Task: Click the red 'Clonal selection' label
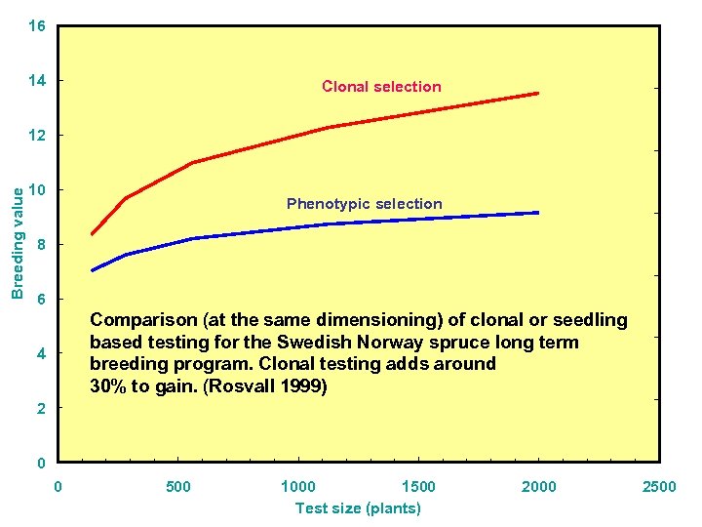tap(381, 87)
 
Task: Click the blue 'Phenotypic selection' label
tap(364, 204)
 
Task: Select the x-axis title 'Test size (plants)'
tap(358, 508)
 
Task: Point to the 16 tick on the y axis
tap(36, 26)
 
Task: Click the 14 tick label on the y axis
tap(36, 80)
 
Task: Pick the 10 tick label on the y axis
tap(36, 189)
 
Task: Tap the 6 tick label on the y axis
tap(40, 299)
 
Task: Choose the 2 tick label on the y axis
tap(40, 408)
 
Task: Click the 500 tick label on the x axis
tap(178, 487)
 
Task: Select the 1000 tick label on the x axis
tap(297, 487)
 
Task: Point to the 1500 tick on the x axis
tap(418, 487)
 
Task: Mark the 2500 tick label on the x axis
tap(659, 487)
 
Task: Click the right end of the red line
tap(537, 94)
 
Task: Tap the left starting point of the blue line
tap(92, 270)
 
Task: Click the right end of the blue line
tap(537, 213)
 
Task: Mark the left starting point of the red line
tap(92, 234)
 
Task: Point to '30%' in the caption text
tap(107, 385)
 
